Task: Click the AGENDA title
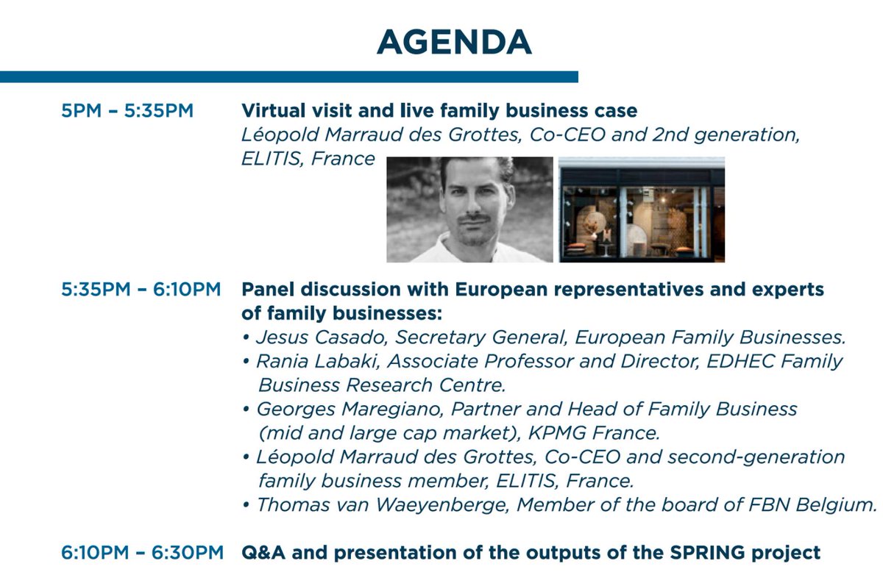[x=453, y=42]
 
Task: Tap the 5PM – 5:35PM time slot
[x=128, y=112]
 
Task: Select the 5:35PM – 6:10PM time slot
[x=141, y=290]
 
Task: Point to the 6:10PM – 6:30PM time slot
[x=141, y=552]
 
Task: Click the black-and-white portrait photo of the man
[x=469, y=210]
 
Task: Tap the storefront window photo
[x=641, y=210]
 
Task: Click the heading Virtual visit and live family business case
[x=439, y=112]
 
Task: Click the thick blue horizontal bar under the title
[x=288, y=76]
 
